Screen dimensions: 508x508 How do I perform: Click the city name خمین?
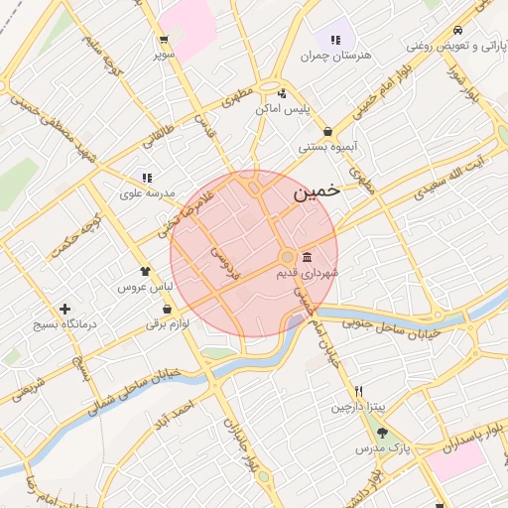pos(317,192)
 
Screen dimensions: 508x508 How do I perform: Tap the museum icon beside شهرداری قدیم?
pos(307,257)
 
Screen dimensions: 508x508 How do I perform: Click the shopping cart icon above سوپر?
pos(163,41)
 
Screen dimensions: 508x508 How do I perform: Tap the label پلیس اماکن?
pos(285,108)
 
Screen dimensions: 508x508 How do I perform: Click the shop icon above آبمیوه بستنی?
pos(328,131)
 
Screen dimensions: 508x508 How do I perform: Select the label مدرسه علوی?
pos(146,193)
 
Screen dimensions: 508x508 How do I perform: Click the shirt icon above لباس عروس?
pos(146,269)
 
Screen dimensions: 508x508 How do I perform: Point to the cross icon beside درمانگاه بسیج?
pos(65,309)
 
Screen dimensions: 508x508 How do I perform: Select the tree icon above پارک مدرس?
pos(383,432)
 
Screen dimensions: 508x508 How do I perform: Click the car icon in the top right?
pos(456,30)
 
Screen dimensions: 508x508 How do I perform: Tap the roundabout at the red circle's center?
pos(287,257)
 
